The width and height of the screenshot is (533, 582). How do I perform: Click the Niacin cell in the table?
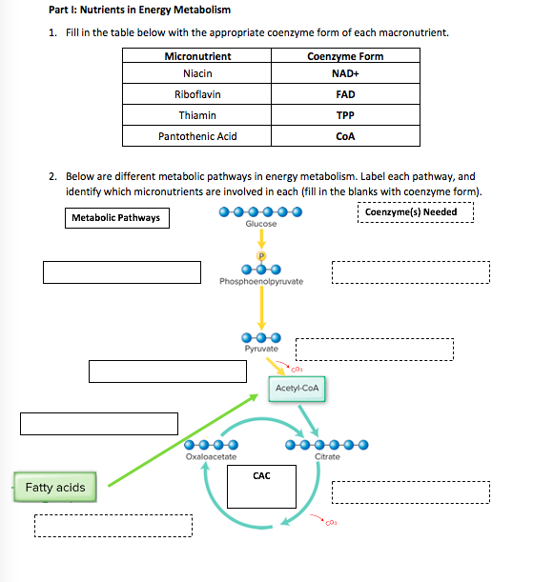tap(196, 73)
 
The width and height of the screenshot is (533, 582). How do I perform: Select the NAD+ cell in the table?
tap(345, 73)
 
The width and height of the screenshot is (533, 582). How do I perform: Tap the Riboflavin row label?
tap(196, 94)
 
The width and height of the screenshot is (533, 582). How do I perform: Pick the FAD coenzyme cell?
tap(345, 94)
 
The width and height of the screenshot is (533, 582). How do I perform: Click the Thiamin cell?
tap(196, 115)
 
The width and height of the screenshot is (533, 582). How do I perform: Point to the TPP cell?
tap(345, 115)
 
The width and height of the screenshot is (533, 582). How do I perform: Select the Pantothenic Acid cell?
tap(196, 136)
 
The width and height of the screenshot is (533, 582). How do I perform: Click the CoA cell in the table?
tap(345, 136)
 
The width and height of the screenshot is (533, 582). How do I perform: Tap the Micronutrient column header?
tap(196, 56)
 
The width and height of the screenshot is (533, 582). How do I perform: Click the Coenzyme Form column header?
tap(345, 56)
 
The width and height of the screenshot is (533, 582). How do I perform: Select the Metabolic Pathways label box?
tap(115, 219)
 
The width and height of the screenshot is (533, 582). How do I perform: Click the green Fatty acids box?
tap(54, 488)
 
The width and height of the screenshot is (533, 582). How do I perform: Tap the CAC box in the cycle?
tap(261, 485)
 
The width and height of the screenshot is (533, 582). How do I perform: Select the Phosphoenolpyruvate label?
tap(260, 282)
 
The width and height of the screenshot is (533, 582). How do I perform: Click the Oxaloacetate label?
tap(211, 458)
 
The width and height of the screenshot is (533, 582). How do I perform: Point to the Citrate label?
tap(327, 458)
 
